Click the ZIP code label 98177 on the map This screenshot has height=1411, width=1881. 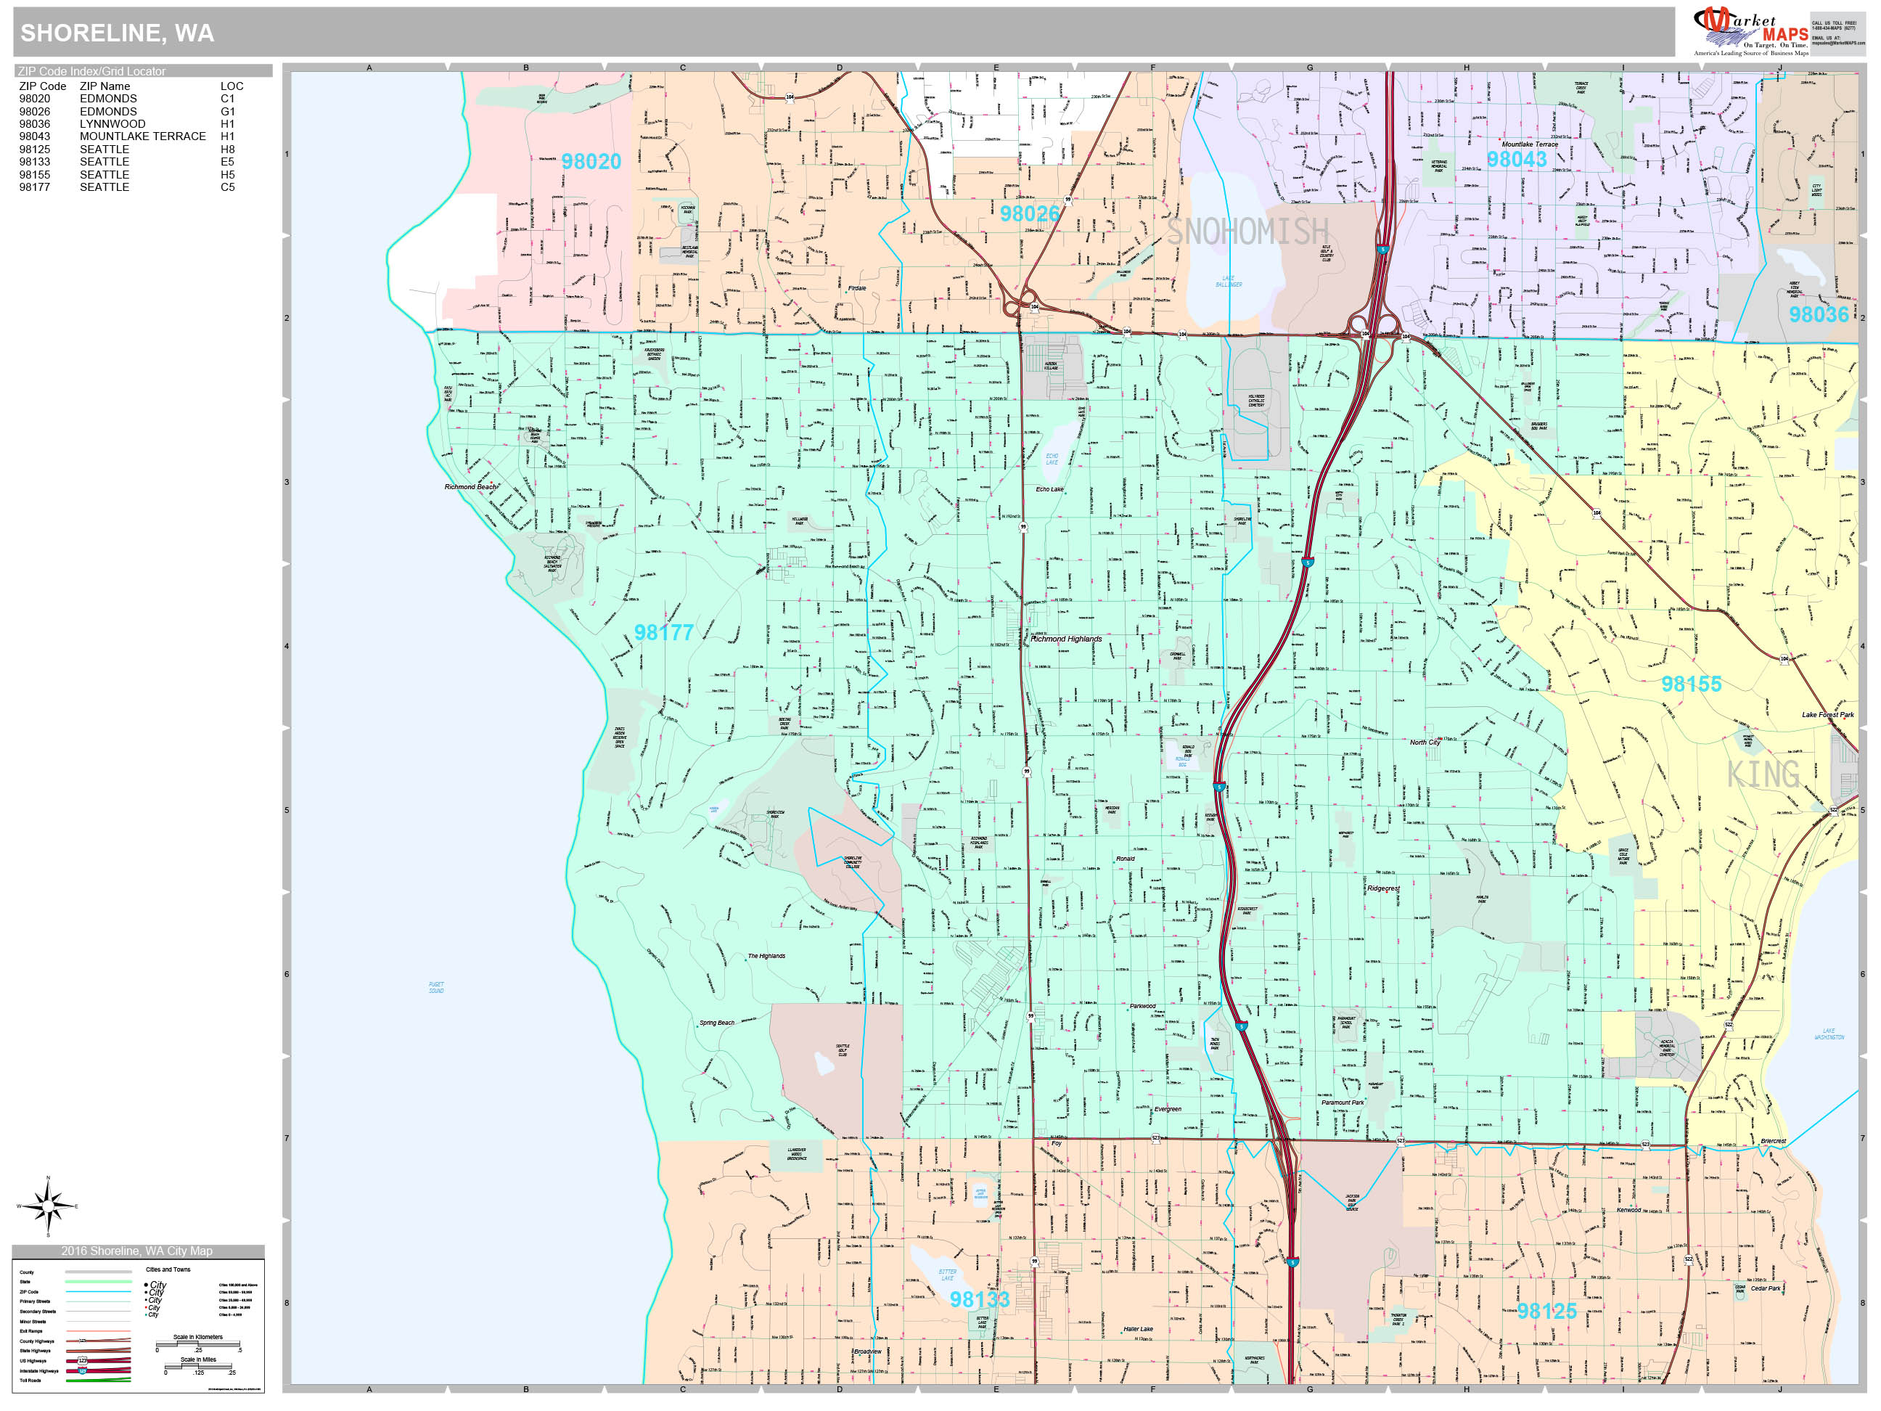coord(663,633)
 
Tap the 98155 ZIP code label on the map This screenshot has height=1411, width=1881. coord(1691,684)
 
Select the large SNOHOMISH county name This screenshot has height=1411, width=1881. coord(1247,232)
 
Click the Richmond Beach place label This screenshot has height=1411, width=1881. coord(470,486)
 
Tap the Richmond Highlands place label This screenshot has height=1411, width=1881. coord(1065,639)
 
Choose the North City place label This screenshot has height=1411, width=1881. coord(1425,743)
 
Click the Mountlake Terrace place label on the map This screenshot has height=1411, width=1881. coord(1530,144)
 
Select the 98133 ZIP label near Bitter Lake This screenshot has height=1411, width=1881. coord(979,1299)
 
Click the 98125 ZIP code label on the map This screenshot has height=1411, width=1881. coord(1546,1312)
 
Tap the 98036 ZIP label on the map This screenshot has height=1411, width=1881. coord(1818,315)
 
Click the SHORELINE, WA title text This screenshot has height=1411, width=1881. coord(118,33)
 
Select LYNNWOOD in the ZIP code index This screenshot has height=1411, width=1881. coord(112,124)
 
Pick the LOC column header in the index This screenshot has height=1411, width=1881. coord(231,86)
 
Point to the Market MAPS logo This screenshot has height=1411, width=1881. coord(1752,30)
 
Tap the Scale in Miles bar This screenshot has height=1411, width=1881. coord(200,1366)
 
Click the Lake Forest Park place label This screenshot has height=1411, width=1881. coord(1827,714)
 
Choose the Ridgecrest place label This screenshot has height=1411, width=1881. coord(1382,889)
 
